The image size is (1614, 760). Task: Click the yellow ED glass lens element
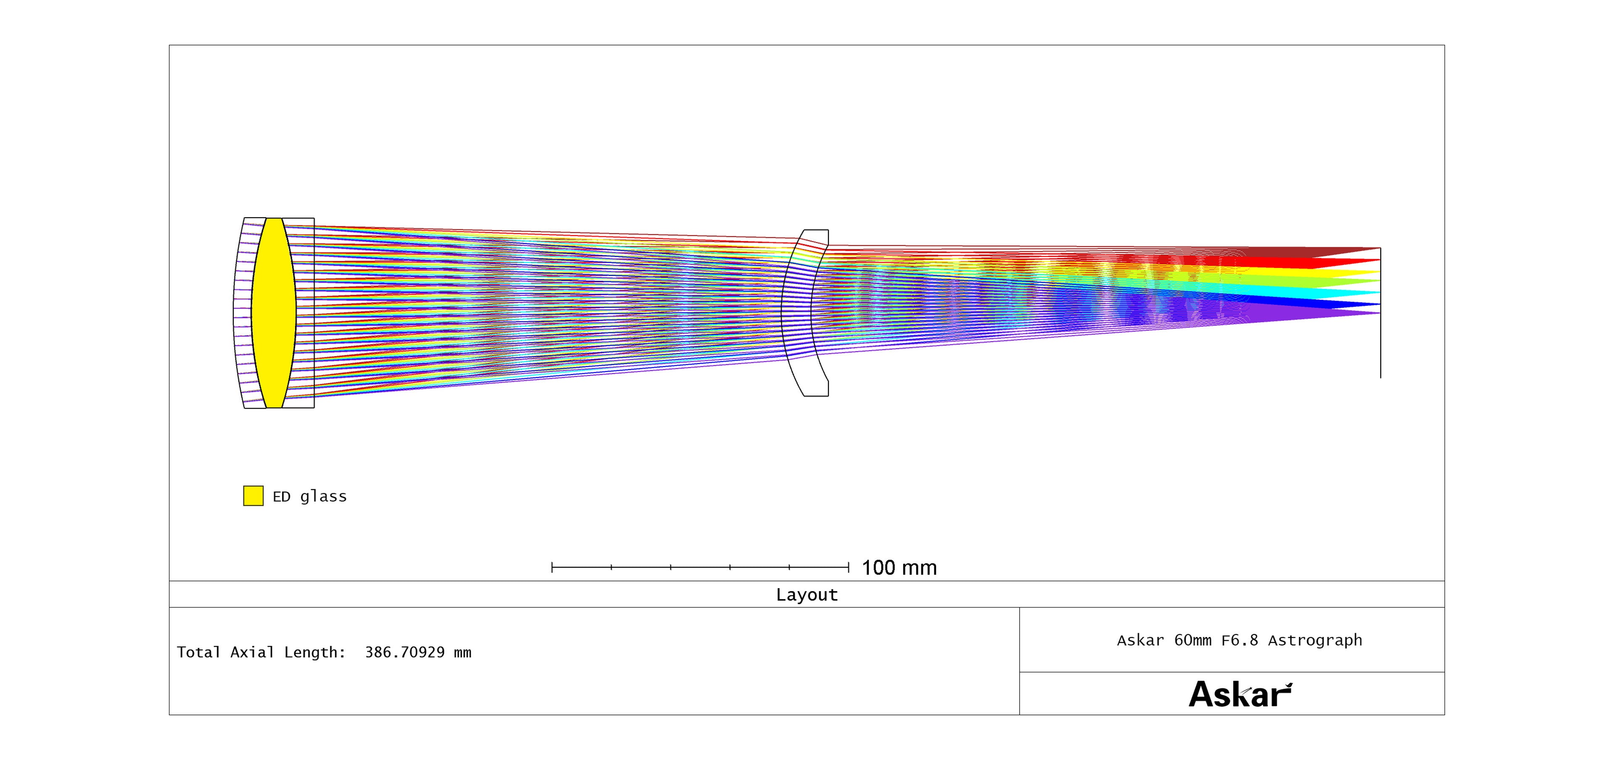click(274, 313)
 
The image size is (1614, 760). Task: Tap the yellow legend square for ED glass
click(253, 496)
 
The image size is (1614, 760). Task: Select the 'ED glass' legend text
click(309, 496)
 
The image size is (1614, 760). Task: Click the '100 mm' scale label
click(899, 568)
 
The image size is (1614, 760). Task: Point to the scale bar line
click(700, 567)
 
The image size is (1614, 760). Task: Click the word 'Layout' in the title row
click(807, 595)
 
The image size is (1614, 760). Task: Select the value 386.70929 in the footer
click(405, 653)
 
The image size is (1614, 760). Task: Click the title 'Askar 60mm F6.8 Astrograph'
click(1240, 640)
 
